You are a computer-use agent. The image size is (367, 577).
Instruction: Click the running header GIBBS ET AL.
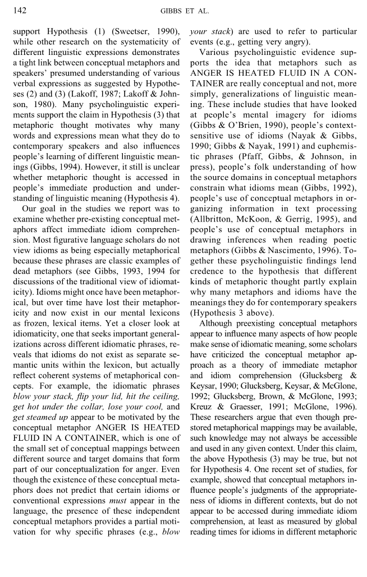pos(184,11)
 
